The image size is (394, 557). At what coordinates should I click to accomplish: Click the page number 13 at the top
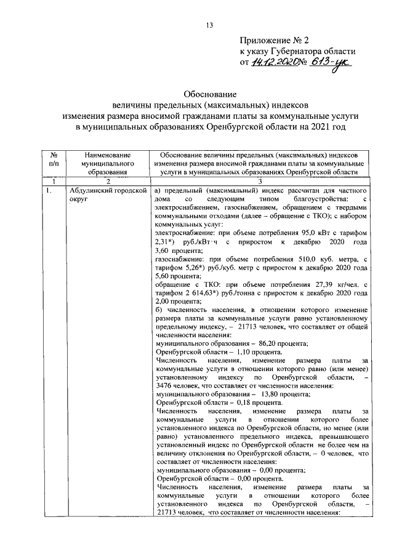(x=209, y=25)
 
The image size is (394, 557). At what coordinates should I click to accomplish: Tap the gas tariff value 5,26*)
(x=193, y=268)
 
